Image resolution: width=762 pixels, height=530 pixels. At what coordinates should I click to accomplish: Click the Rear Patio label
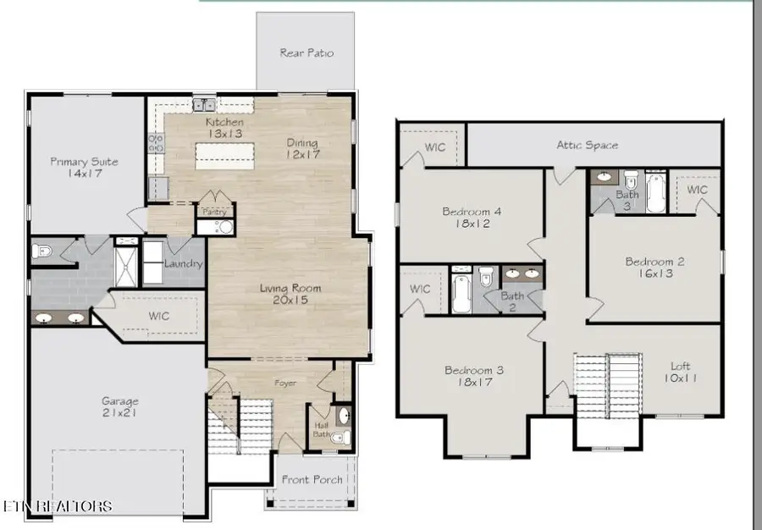(x=306, y=53)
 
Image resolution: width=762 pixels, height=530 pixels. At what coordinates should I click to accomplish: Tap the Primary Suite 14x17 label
(x=84, y=168)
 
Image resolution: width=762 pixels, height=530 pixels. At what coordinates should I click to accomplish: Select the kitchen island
(x=224, y=156)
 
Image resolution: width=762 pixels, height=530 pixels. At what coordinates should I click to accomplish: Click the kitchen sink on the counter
(x=205, y=104)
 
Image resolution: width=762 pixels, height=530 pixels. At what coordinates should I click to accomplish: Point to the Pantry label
(x=214, y=213)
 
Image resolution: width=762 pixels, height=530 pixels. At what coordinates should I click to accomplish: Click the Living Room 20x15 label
(x=290, y=294)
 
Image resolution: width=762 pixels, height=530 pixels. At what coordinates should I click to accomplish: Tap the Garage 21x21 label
(x=120, y=407)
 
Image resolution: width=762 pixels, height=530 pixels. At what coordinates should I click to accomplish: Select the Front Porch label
(x=312, y=480)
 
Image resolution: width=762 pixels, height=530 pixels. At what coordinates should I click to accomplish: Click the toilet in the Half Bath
(x=341, y=439)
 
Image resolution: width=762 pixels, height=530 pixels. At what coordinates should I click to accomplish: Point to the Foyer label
(x=285, y=384)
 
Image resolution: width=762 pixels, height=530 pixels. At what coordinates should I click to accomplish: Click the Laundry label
(x=183, y=264)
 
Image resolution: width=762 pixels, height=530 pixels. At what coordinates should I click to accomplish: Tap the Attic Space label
(x=587, y=146)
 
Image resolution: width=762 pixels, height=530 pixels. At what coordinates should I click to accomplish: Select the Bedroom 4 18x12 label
(x=472, y=218)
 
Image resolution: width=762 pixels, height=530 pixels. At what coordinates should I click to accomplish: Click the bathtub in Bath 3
(x=656, y=192)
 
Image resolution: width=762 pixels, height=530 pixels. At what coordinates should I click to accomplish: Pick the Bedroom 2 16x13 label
(x=655, y=268)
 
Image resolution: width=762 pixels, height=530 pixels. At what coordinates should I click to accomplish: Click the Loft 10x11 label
(x=680, y=373)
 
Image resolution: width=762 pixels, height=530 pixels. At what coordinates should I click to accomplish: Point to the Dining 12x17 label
(x=303, y=149)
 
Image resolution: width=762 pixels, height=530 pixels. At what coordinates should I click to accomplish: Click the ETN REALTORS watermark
(x=58, y=506)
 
